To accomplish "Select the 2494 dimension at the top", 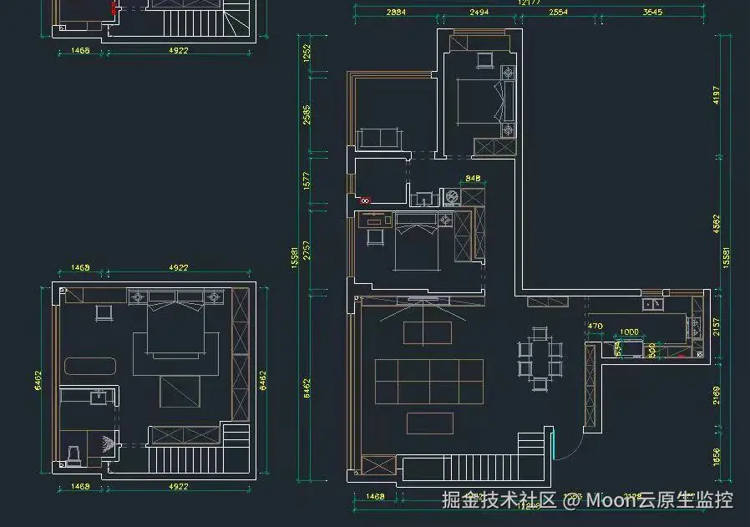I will (479, 13).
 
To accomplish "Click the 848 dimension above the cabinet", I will (473, 178).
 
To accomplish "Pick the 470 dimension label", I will (595, 327).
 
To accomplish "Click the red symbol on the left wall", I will (365, 200).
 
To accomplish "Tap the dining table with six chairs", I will (541, 359).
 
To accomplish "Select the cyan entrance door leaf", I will (553, 442).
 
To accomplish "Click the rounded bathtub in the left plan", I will (93, 365).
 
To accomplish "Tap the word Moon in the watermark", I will (611, 500).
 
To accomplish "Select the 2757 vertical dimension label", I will (307, 250).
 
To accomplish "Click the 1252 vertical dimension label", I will (307, 53).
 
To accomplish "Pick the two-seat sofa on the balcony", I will (379, 138).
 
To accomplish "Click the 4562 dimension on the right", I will (716, 224).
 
